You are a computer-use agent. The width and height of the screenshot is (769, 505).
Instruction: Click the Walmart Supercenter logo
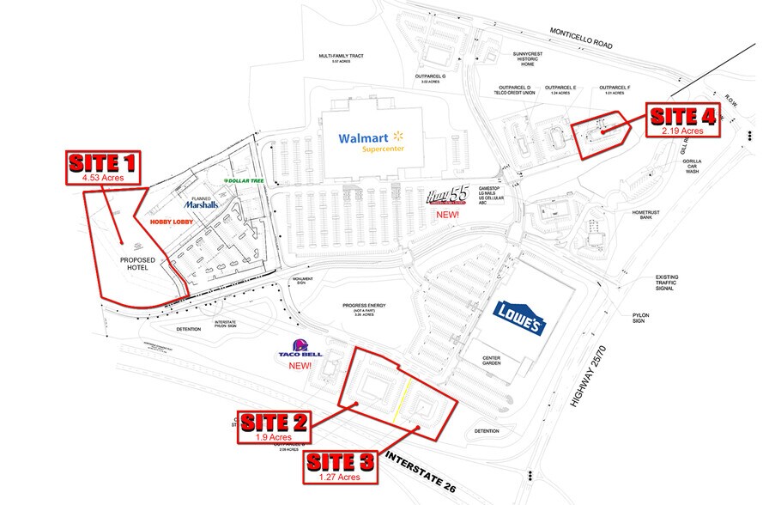click(371, 142)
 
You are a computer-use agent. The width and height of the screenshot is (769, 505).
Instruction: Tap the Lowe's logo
click(518, 319)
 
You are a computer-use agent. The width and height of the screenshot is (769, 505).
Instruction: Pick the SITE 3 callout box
click(341, 467)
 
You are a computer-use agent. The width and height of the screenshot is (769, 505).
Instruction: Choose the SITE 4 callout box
click(683, 120)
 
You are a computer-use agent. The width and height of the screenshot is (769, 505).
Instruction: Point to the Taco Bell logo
click(300, 353)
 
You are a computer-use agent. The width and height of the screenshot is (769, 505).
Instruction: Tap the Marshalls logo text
click(201, 204)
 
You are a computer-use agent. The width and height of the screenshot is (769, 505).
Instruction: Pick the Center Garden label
click(491, 362)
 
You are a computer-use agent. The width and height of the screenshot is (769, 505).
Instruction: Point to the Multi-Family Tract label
click(341, 58)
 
